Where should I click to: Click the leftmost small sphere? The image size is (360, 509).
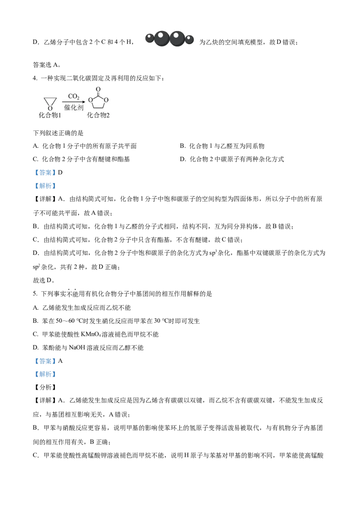(149, 38)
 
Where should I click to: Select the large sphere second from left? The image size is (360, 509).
(162, 38)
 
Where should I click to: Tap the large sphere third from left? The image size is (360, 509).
(177, 38)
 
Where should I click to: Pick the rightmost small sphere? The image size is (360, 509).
(189, 39)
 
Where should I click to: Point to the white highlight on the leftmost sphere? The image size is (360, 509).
(149, 36)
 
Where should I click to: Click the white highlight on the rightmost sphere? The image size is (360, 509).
(189, 37)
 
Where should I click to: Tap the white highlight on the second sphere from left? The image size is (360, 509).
(160, 35)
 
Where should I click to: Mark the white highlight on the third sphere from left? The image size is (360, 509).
(176, 35)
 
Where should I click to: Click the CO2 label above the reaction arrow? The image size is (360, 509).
(73, 96)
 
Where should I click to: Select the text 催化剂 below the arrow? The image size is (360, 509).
(73, 107)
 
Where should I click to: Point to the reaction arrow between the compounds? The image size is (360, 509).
(73, 102)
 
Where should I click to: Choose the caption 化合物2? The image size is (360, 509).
(98, 115)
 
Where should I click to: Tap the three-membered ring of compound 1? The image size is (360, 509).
(49, 102)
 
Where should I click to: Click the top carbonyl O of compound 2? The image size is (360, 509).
(98, 89)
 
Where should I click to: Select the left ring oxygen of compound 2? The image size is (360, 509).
(90, 100)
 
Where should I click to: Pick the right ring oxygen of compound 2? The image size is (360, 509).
(106, 100)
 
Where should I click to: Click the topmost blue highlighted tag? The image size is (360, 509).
(45, 173)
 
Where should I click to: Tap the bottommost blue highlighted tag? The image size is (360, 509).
(45, 374)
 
